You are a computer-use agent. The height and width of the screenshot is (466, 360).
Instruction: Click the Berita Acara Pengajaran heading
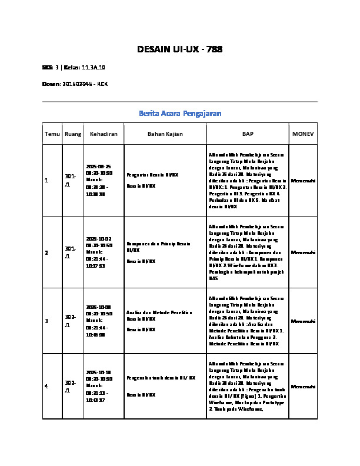(x=179, y=112)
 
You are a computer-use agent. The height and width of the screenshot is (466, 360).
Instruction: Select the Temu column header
(x=52, y=134)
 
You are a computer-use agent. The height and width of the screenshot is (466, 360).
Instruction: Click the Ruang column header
(x=73, y=134)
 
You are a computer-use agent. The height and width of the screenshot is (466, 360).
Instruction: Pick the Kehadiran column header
(x=104, y=134)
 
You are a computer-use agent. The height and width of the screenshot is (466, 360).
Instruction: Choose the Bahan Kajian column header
(x=165, y=134)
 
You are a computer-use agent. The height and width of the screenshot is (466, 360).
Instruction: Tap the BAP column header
(x=247, y=134)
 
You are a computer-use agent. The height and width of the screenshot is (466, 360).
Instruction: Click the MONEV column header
(x=303, y=134)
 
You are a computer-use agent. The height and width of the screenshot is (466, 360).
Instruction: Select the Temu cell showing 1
(x=46, y=180)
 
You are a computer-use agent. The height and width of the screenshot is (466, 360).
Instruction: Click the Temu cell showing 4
(x=46, y=386)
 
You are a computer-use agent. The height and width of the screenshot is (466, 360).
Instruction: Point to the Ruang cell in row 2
(x=70, y=252)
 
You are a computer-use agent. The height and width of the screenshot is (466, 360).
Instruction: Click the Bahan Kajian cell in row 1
(x=152, y=180)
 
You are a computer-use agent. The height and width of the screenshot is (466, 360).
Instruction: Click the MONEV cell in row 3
(x=303, y=321)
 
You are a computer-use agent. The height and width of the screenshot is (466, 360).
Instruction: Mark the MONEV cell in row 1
(x=303, y=180)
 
